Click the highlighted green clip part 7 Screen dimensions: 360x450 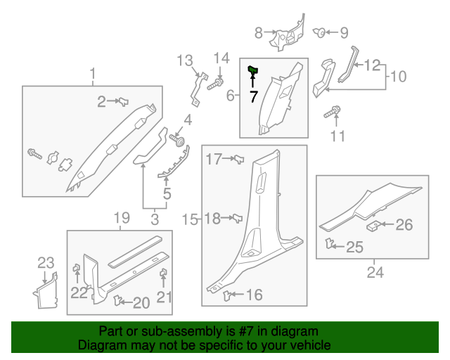253,69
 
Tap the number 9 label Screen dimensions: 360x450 344,32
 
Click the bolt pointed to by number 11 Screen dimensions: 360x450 332,111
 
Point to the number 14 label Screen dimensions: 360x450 221,58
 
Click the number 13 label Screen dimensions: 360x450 184,60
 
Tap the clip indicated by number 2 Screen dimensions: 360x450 122,102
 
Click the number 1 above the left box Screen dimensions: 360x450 92,73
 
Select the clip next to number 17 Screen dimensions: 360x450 238,161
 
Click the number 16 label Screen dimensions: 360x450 254,295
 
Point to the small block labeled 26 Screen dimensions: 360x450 374,226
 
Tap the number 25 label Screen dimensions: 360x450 355,247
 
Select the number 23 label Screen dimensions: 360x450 46,264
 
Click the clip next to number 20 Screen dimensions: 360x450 117,302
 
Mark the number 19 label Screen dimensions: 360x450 121,217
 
